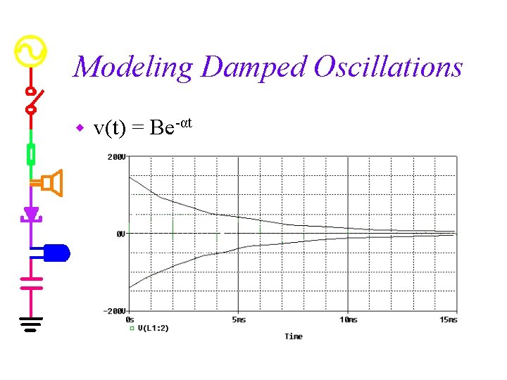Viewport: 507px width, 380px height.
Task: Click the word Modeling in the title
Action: pyautogui.click(x=132, y=68)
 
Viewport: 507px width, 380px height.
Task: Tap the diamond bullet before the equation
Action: pyautogui.click(x=80, y=128)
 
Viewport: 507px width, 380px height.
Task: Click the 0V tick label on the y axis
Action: pyautogui.click(x=120, y=234)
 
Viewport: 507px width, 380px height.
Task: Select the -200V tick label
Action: pyautogui.click(x=115, y=311)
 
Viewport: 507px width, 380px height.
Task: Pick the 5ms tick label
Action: pyautogui.click(x=238, y=319)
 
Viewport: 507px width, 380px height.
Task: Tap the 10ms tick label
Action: pyautogui.click(x=348, y=319)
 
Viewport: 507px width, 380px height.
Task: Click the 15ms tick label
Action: pyautogui.click(x=448, y=319)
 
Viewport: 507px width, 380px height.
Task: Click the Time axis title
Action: pyautogui.click(x=294, y=336)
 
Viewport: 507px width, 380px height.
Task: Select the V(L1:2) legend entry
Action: pyautogui.click(x=152, y=328)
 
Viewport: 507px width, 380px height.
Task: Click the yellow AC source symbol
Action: pyautogui.click(x=31, y=51)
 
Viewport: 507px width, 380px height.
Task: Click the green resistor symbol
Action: pyautogui.click(x=31, y=153)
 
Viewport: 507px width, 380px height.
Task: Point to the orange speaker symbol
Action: pyautogui.click(x=53, y=183)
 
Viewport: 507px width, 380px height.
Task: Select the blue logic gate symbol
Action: pyautogui.click(x=56, y=252)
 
